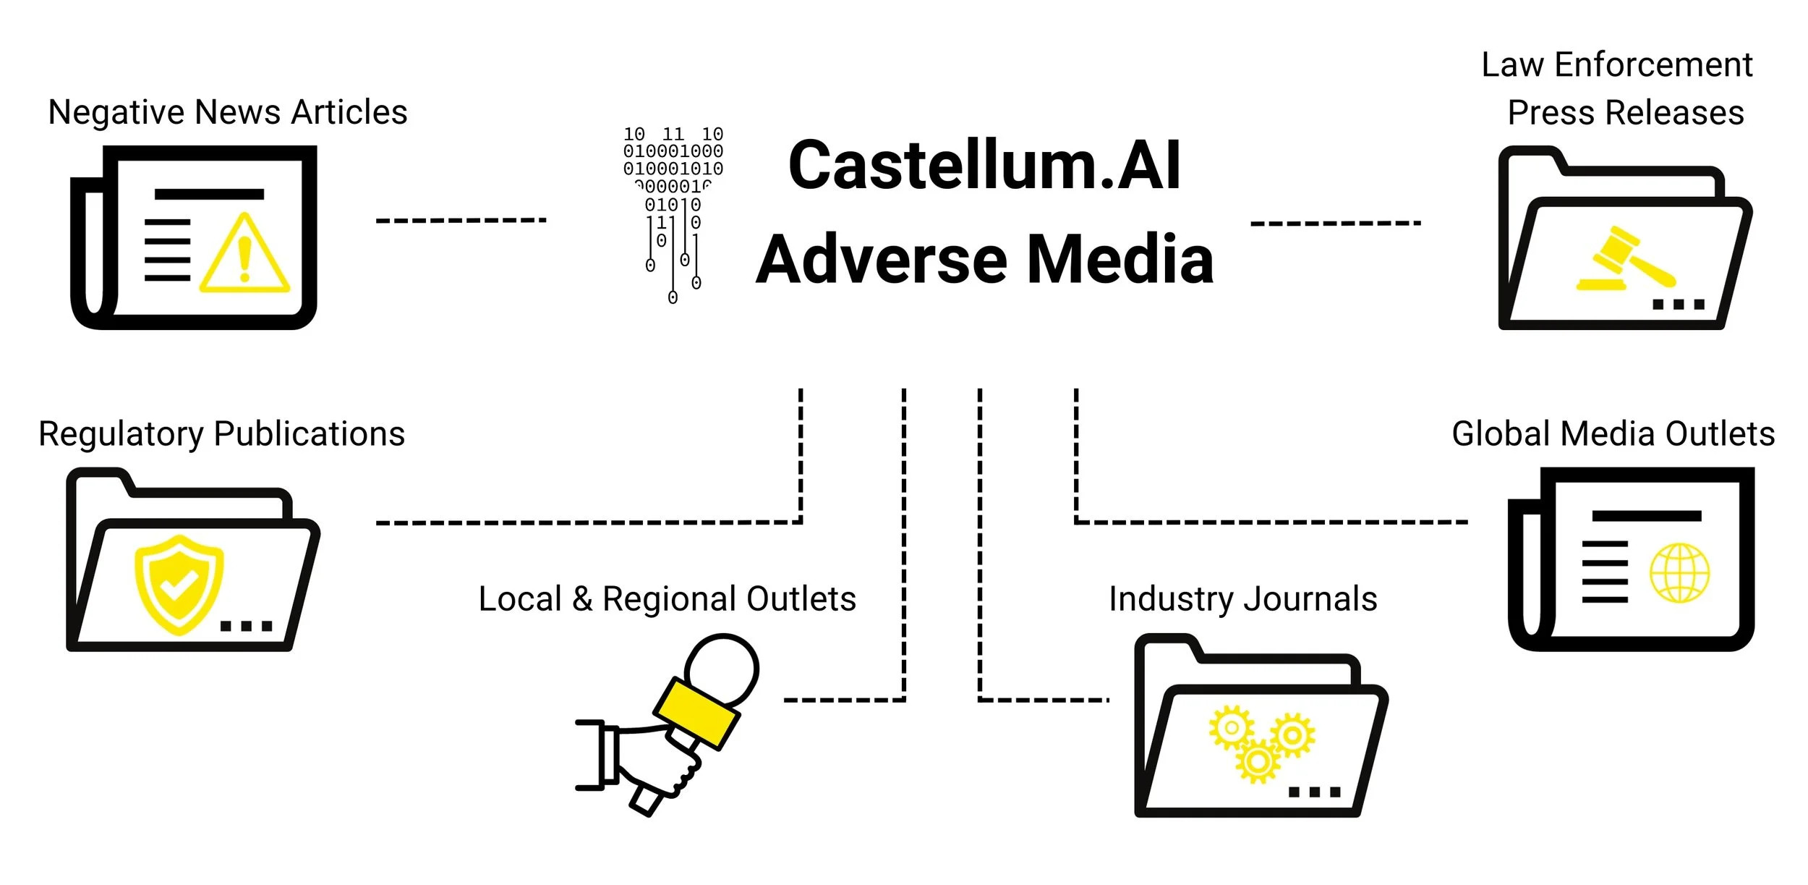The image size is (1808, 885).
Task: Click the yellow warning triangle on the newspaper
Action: point(244,258)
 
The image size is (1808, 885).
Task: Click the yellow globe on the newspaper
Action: point(1679,573)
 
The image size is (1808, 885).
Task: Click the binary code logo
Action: point(673,210)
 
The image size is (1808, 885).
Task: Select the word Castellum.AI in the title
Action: point(984,166)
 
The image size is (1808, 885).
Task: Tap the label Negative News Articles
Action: point(228,113)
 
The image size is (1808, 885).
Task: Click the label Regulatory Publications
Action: point(221,434)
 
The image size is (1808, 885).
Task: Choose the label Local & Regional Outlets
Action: point(667,599)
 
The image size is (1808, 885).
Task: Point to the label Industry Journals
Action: point(1242,599)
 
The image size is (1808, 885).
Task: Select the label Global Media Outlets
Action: point(1613,434)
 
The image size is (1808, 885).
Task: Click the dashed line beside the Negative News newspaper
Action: point(460,220)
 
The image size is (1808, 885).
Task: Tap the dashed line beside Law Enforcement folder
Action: point(1335,223)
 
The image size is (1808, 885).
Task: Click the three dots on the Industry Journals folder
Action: point(1314,792)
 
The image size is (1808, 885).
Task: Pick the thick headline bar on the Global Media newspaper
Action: point(1646,516)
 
